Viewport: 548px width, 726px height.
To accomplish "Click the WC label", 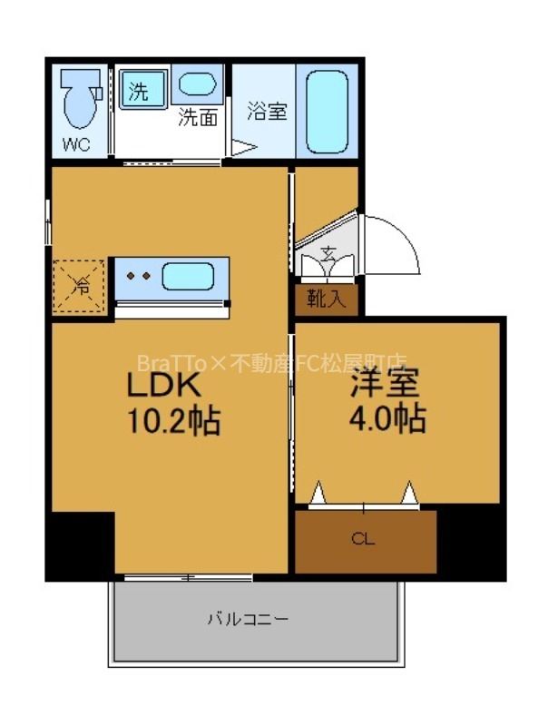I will click(x=76, y=143).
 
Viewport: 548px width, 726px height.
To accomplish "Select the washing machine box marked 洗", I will click(x=142, y=90).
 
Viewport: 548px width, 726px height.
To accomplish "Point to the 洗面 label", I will click(x=197, y=117).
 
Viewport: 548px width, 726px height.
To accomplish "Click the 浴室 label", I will click(x=267, y=113).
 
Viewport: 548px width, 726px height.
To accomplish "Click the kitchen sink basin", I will click(x=188, y=275).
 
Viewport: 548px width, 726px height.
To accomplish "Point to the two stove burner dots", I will click(x=138, y=275).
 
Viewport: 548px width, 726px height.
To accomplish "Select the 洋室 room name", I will click(x=386, y=384).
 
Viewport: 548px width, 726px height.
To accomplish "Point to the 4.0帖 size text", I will click(x=387, y=419).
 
